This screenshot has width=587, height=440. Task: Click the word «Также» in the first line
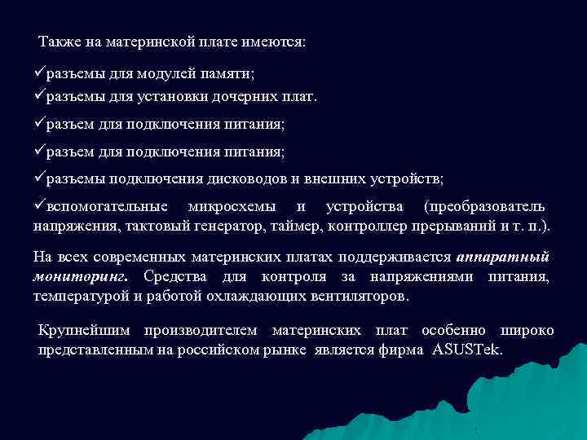[57, 42]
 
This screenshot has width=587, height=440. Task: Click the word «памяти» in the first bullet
[230, 74]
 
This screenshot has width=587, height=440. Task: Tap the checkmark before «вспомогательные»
[39, 205]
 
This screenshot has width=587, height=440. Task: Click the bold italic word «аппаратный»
[504, 257]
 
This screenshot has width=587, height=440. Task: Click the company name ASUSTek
[470, 350]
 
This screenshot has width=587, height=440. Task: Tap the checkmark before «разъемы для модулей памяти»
[39, 73]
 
